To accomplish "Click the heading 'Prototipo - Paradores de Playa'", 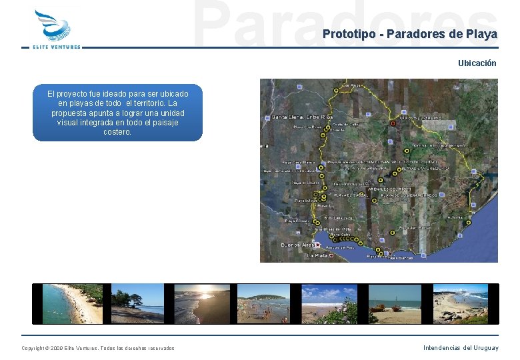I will [x=409, y=35].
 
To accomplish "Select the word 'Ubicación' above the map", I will [x=477, y=63].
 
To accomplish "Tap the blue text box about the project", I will [x=117, y=113].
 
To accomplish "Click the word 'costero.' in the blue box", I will [x=117, y=132].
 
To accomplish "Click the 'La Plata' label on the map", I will [x=317, y=255].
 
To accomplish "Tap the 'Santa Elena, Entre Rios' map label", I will [x=301, y=117].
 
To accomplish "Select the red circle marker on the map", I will [x=393, y=123].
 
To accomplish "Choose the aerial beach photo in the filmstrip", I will [x=72, y=304].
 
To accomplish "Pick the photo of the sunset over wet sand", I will [x=201, y=304].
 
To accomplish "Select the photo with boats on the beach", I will [x=395, y=304].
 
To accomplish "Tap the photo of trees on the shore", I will [x=137, y=304].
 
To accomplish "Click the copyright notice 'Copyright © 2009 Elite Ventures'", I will [x=98, y=348].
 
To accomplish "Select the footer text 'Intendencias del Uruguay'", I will [x=460, y=347].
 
